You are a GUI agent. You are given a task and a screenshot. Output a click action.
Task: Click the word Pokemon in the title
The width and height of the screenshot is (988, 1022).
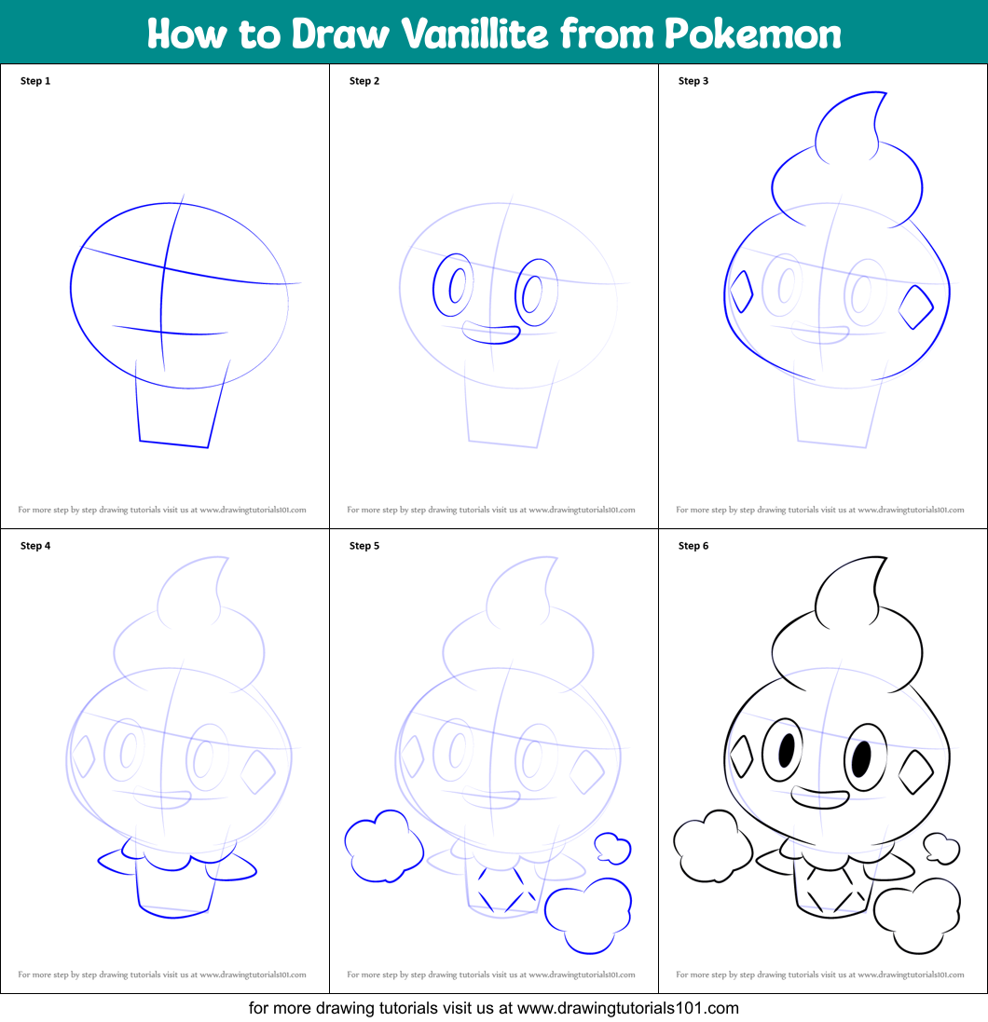coord(753,34)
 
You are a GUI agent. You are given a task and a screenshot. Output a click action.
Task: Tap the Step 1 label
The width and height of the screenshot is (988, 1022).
coord(35,81)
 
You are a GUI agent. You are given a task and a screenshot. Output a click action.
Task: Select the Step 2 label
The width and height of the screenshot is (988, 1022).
coord(364,81)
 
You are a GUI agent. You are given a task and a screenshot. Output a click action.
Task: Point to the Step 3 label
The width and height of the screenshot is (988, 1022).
coord(693,81)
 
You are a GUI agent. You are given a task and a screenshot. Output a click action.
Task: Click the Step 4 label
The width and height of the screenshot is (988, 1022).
coord(35,546)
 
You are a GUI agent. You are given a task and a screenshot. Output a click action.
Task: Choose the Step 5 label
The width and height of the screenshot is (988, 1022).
coord(364,546)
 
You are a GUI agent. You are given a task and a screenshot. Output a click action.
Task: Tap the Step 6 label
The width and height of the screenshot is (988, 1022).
coord(693,546)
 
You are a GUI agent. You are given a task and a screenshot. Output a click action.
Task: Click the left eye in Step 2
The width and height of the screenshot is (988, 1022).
coord(433,285)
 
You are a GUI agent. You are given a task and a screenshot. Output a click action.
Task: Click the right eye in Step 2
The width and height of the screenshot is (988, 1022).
coord(515,293)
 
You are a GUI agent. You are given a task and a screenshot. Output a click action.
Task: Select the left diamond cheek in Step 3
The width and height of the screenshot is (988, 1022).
coord(731,292)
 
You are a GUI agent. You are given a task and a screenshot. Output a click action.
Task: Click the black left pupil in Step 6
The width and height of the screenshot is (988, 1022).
coord(787,750)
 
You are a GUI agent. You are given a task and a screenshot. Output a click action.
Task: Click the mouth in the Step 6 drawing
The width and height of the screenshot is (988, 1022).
coord(819,807)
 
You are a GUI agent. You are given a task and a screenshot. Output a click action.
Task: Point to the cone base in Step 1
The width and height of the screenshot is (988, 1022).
coord(173,443)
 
